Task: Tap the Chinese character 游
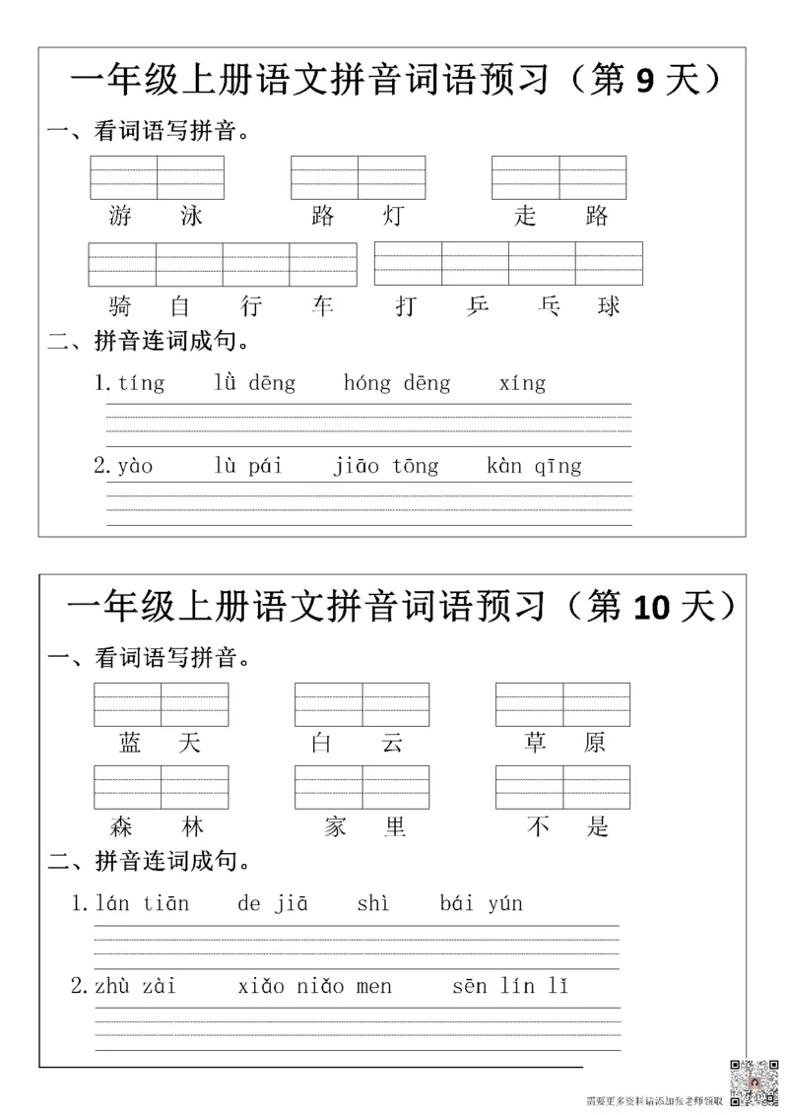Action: pos(121,216)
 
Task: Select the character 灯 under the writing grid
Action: pos(393,216)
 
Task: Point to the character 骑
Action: pos(121,306)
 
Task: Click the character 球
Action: pos(610,306)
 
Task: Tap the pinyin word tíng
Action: pos(141,383)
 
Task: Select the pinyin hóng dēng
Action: pos(397,383)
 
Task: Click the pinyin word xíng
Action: pos(522,383)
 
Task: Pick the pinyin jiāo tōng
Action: pos(386,466)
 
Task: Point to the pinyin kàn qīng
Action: pos(534,466)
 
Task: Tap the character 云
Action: pos(393,743)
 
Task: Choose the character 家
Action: pos(333,826)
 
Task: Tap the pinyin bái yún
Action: pos(482,903)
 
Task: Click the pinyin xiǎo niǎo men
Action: pos(315,986)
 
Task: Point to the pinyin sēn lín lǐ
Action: pos(510,986)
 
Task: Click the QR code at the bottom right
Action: pos(753,1081)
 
